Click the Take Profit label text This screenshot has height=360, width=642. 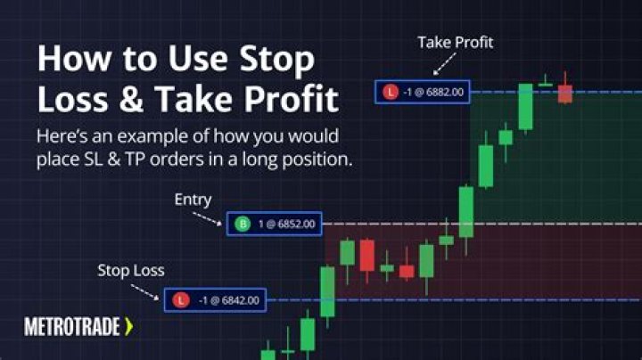point(456,43)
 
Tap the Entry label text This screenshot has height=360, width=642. point(193,200)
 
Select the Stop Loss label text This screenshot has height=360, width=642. point(131,270)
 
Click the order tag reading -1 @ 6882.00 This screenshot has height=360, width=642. point(423,92)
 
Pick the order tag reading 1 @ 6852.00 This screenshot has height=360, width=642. point(275,224)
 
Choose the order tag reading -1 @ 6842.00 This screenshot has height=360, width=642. point(215,300)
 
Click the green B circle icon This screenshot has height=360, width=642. point(243,224)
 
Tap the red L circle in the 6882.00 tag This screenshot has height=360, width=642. point(391,92)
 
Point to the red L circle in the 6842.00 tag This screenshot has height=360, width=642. point(181,300)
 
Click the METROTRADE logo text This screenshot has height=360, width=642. point(72,327)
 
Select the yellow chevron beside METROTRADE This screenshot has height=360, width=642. point(129,327)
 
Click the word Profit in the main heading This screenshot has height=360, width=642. point(292,100)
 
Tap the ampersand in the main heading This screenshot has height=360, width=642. point(131,100)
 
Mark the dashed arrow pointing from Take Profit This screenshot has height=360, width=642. point(445,64)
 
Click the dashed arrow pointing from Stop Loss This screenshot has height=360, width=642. point(145,292)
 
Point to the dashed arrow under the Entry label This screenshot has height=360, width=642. point(207,219)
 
